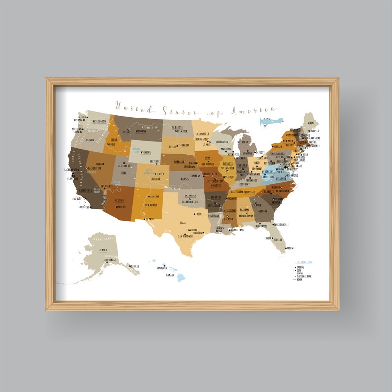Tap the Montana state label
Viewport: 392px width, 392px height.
139,132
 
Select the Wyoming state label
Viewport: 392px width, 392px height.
146,152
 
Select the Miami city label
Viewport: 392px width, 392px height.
291,248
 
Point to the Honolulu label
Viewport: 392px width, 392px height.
161,268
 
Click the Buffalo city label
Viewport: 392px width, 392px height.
277,147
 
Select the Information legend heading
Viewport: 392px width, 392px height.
304,262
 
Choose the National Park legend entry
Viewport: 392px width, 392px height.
305,276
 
